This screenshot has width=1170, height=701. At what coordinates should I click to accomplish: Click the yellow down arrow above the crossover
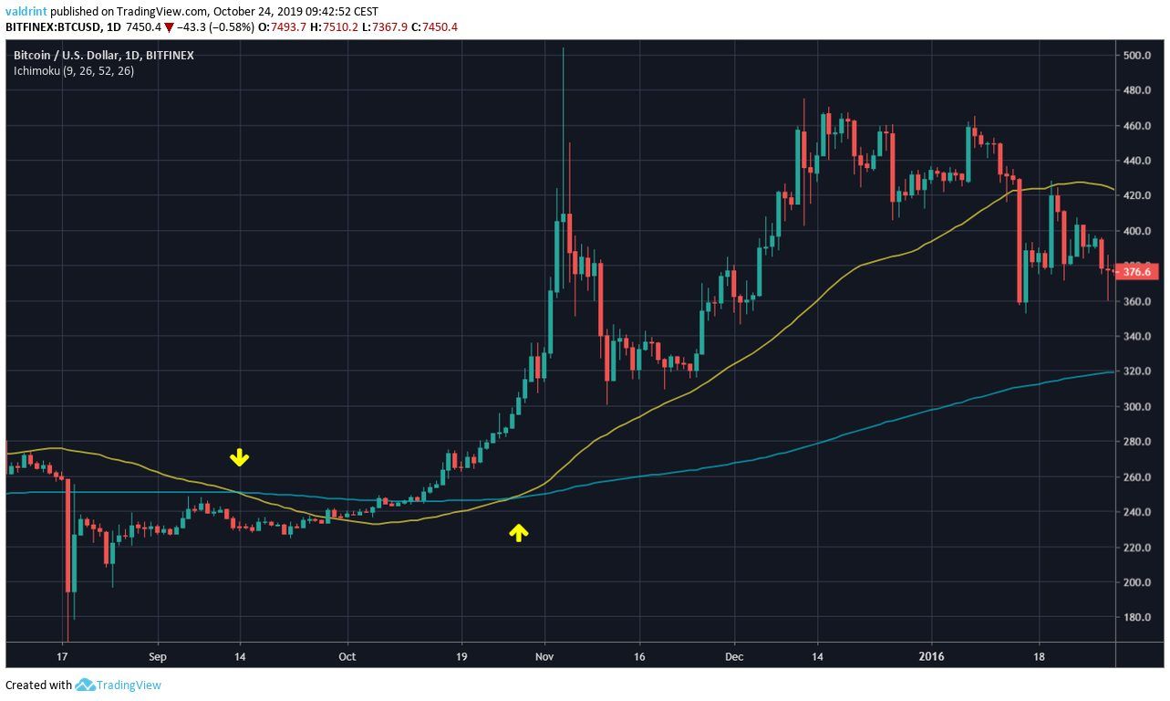pos(239,457)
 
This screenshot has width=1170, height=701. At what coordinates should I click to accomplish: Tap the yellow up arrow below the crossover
pos(518,533)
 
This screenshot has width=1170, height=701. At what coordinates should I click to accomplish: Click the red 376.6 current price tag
pos(1136,271)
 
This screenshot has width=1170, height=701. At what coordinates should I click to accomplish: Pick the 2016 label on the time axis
pos(931,655)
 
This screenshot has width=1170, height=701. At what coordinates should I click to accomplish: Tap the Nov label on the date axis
pos(544,655)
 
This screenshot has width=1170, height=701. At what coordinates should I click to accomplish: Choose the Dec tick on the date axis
pos(735,655)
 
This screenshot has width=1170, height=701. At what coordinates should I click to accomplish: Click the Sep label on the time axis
pos(158,655)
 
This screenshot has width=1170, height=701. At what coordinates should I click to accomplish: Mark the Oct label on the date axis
pos(347,655)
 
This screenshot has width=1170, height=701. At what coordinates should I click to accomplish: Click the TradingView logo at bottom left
pos(119,685)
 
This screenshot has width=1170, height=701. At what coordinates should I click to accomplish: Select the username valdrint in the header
pos(27,12)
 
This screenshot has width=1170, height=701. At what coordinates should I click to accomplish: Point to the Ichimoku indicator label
pos(73,70)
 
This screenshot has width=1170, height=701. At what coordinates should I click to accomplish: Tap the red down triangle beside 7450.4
pos(170,27)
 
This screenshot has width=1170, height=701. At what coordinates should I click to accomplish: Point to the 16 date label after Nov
pos(640,655)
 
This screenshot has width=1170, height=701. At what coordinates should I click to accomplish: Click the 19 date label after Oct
pos(461,655)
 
